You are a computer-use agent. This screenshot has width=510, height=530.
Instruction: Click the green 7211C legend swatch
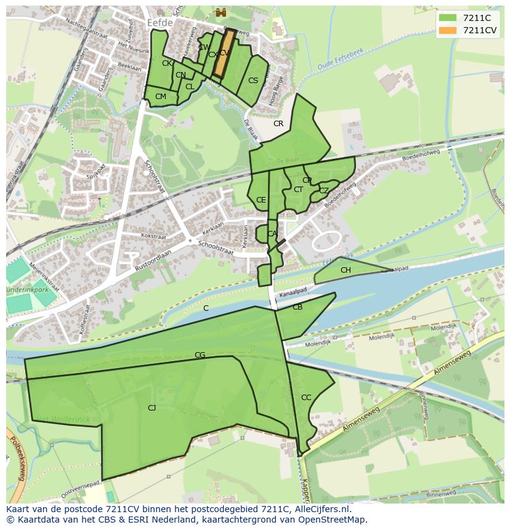pyautogui.click(x=448, y=18)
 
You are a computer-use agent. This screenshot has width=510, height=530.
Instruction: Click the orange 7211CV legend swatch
pyautogui.click(x=448, y=30)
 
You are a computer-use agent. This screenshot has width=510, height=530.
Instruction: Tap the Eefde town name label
pyautogui.click(x=160, y=22)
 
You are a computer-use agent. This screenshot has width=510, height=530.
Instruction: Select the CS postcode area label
pyautogui.click(x=253, y=81)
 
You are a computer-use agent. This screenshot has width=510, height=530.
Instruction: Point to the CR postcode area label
pyautogui.click(x=278, y=124)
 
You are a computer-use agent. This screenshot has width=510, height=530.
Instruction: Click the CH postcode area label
pyautogui.click(x=346, y=270)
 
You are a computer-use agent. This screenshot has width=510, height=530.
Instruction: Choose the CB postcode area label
pyautogui.click(x=297, y=307)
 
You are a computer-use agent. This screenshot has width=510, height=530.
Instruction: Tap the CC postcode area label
pyautogui.click(x=306, y=398)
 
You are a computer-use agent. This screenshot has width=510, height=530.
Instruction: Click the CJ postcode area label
pyautogui.click(x=152, y=408)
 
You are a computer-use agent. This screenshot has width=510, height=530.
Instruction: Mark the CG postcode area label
pyautogui.click(x=200, y=355)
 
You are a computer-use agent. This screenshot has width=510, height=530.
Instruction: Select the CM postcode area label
pyautogui.click(x=161, y=97)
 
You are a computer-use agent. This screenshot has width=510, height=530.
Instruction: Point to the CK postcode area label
pyautogui.click(x=167, y=63)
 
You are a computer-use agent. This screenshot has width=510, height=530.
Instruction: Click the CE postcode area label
pyautogui.click(x=261, y=200)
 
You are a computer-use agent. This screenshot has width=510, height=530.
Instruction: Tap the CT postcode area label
pyautogui.click(x=298, y=190)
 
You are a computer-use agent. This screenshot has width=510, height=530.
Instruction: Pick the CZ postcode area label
pyautogui.click(x=324, y=191)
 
